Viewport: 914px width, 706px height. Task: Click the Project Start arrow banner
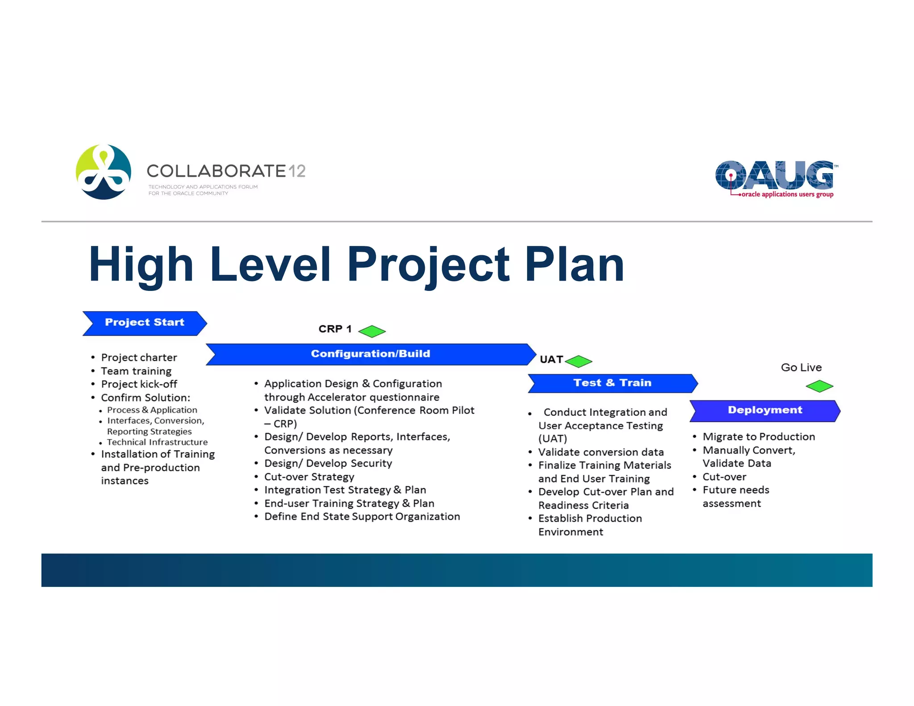[145, 323]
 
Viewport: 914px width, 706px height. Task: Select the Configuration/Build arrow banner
[370, 354]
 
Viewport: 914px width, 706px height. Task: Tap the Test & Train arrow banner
[612, 383]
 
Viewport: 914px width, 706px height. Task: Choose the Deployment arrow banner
[765, 411]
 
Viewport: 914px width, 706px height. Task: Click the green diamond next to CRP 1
[372, 331]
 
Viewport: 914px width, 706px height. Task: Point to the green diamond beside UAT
[578, 361]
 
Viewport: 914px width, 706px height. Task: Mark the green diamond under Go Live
[819, 386]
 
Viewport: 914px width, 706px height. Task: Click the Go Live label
[801, 367]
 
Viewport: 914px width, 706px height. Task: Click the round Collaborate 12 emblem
[104, 172]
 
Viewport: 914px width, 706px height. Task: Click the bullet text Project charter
[139, 357]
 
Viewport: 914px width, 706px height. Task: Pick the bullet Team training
[136, 371]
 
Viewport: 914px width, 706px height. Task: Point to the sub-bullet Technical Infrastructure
[157, 442]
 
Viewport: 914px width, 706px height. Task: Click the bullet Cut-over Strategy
[309, 477]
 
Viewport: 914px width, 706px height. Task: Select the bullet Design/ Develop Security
[328, 463]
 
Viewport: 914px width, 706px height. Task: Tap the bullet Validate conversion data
[601, 452]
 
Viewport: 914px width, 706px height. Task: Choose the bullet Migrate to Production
[759, 436]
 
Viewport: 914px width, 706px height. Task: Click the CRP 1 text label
[335, 329]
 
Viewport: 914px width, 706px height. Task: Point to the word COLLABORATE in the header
[216, 171]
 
